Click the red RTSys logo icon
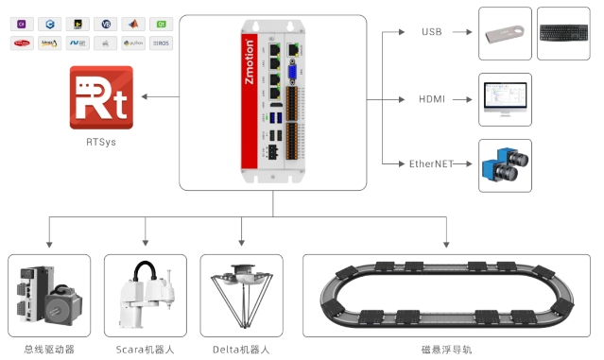pyautogui.click(x=100, y=97)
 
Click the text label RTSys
pyautogui.click(x=100, y=143)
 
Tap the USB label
pyautogui.click(x=431, y=33)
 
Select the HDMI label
pyautogui.click(x=431, y=99)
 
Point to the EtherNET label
pyautogui.click(x=431, y=163)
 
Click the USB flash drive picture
pyautogui.click(x=505, y=34)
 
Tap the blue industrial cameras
pyautogui.click(x=505, y=165)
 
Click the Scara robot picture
pyautogui.click(x=146, y=295)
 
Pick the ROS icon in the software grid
pyautogui.click(x=162, y=43)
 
